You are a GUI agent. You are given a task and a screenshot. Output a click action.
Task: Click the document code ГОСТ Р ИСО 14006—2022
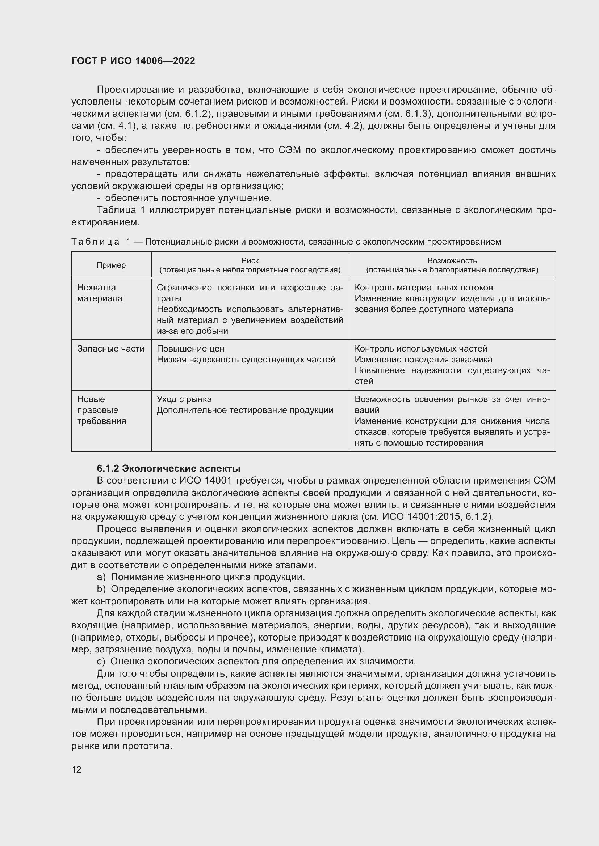133,61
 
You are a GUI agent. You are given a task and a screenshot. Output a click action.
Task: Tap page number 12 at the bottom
76,769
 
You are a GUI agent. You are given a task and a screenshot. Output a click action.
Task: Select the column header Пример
111,265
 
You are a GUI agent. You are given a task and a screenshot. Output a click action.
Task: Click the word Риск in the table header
250,260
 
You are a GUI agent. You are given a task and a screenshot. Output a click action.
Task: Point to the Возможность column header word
452,260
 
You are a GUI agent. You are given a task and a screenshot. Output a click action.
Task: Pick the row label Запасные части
111,349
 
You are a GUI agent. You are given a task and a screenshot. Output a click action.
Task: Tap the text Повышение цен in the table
190,349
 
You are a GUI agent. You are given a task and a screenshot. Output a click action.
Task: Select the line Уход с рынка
184,399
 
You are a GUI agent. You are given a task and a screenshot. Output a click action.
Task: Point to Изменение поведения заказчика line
423,359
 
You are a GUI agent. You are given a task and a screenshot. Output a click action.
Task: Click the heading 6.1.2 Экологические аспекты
168,468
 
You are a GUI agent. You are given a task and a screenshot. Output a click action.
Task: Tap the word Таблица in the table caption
95,242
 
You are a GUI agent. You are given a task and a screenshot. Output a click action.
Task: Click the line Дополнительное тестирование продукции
245,410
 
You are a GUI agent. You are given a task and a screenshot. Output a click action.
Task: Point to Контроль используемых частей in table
420,349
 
